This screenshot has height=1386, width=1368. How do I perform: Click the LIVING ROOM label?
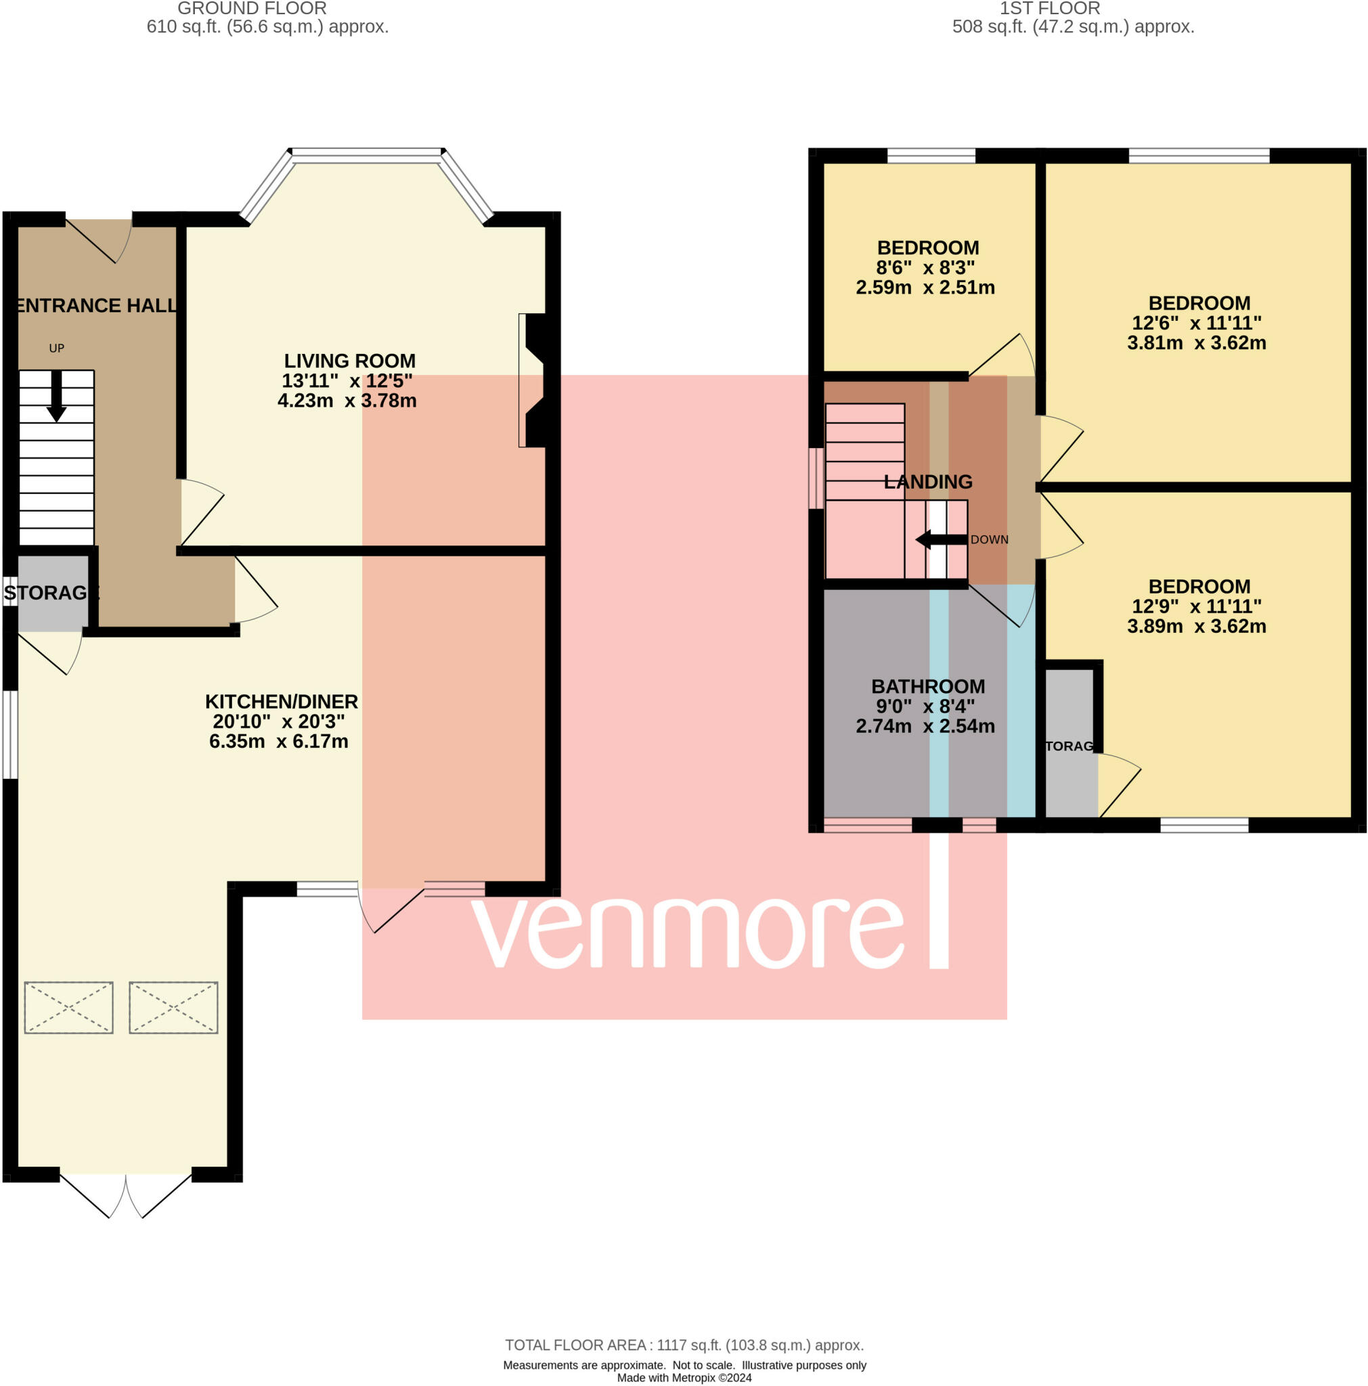(x=349, y=361)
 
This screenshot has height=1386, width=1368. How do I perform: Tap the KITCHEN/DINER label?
(x=281, y=702)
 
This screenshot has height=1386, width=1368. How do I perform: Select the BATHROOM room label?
(x=928, y=686)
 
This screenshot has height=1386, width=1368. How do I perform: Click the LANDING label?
(x=928, y=482)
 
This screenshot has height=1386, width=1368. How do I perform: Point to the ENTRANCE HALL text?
(x=96, y=306)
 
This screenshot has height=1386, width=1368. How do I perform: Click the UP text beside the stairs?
(x=57, y=349)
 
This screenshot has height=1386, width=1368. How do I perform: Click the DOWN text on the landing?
(x=989, y=539)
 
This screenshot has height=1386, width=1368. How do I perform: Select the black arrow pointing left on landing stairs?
(x=941, y=539)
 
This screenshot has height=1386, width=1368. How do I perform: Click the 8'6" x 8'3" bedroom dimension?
(x=925, y=267)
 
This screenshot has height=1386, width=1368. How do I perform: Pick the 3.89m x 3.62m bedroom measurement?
(x=1197, y=626)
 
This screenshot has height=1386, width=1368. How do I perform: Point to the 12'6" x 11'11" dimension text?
(x=1197, y=323)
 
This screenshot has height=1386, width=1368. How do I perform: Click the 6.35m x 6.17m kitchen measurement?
(x=279, y=741)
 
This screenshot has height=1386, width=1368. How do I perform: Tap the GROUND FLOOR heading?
(x=252, y=9)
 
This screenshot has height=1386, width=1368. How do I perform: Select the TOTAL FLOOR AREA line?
(x=684, y=1345)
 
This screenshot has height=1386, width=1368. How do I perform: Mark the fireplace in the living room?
(x=535, y=380)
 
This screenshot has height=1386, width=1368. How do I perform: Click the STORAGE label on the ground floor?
(x=50, y=593)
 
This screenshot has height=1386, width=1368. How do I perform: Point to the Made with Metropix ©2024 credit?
(x=684, y=1377)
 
